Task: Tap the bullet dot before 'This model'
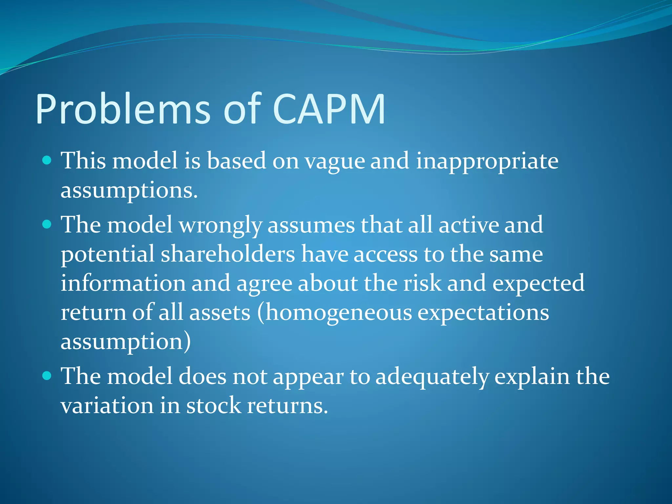(x=47, y=160)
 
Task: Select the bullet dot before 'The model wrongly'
(x=47, y=224)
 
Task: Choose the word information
(x=123, y=283)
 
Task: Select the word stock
(x=214, y=406)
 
